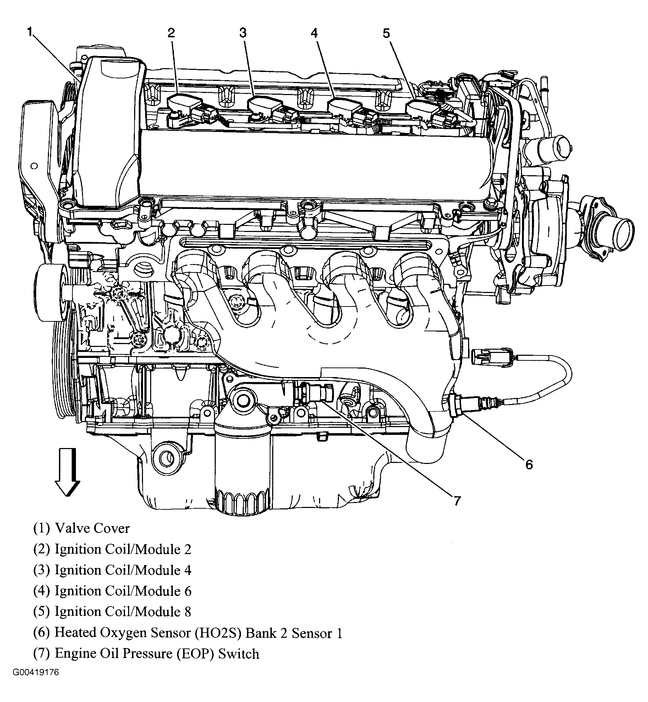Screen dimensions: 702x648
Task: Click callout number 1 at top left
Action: click(30, 32)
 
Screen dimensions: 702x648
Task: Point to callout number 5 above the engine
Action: click(386, 34)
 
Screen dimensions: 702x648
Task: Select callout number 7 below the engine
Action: click(457, 501)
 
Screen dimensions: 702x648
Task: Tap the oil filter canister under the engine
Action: click(242, 461)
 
